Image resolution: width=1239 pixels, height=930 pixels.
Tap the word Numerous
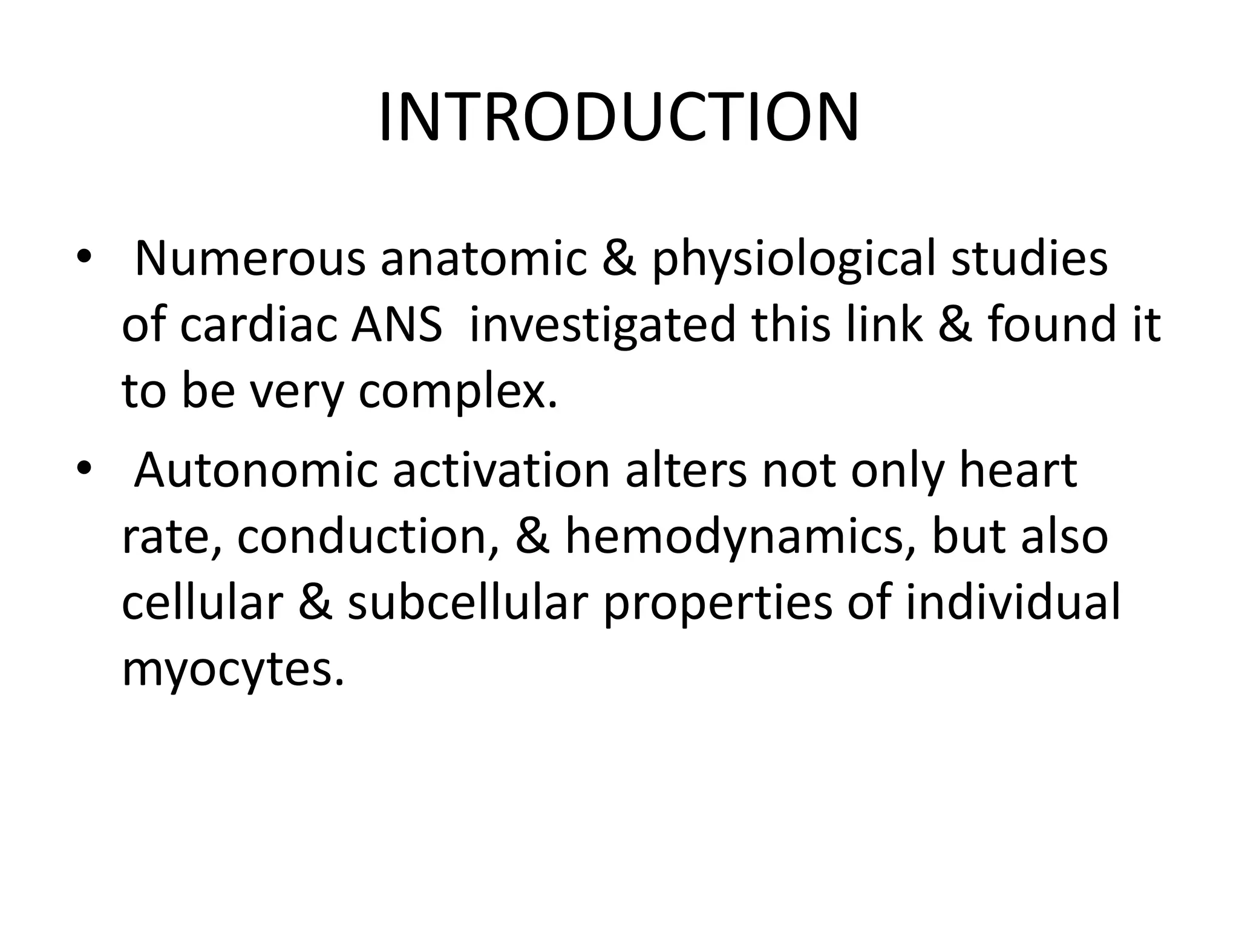[250, 259]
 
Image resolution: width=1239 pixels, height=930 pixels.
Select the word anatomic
[483, 259]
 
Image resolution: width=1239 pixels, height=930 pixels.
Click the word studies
[1029, 259]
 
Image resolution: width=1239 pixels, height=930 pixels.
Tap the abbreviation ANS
[397, 325]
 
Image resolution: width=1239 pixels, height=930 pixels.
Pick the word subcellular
[468, 603]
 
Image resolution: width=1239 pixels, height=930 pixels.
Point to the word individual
[1013, 603]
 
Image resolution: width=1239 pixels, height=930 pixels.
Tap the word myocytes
[233, 671]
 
